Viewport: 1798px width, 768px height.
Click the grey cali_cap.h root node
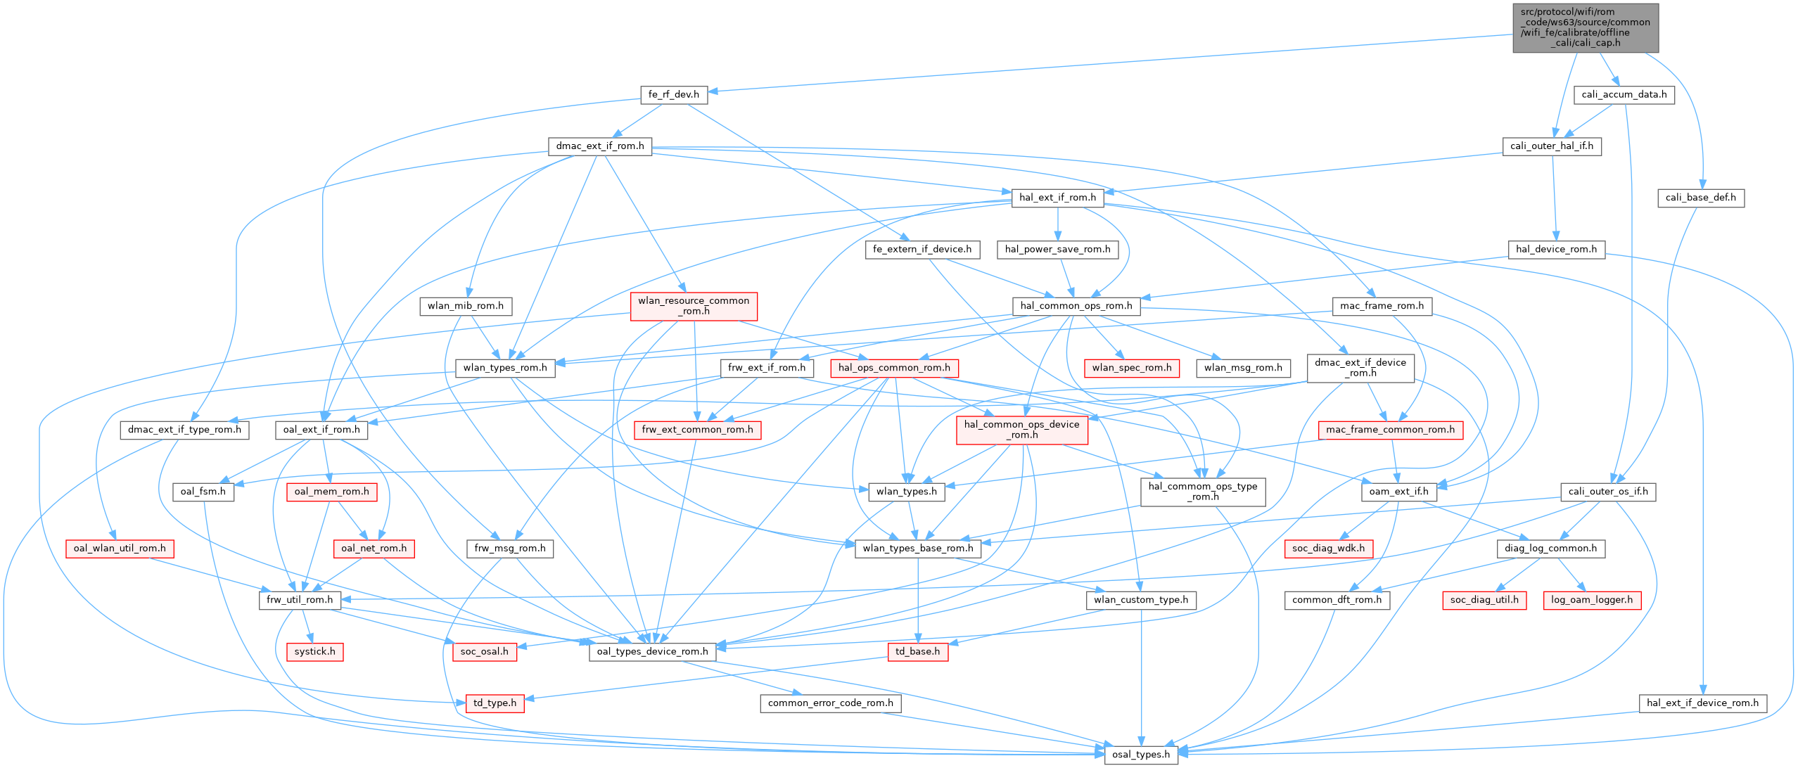tap(1585, 27)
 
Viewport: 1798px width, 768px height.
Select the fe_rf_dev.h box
tap(673, 94)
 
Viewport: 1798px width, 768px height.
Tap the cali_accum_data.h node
tap(1624, 94)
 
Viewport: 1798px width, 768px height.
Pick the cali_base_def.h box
tap(1700, 198)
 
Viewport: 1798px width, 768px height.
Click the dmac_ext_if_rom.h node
tap(599, 146)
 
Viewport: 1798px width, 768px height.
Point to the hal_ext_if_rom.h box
tap(1057, 198)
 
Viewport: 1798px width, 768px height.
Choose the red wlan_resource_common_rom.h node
tap(694, 306)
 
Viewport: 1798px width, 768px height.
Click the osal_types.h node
tap(1141, 755)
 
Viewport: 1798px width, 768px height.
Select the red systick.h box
tap(315, 651)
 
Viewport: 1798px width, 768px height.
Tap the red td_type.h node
tap(495, 703)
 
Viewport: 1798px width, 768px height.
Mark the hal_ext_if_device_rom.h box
tap(1702, 703)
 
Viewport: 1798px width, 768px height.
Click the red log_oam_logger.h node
tap(1591, 600)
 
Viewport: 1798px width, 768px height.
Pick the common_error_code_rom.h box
tap(830, 703)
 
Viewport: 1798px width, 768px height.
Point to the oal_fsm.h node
tap(203, 492)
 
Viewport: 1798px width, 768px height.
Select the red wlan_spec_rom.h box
tap(1132, 368)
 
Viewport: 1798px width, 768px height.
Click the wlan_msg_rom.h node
tap(1243, 368)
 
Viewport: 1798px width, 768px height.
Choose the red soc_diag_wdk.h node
tap(1328, 549)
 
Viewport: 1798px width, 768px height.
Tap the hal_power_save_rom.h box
tap(1057, 249)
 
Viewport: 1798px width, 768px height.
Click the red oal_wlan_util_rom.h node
tap(120, 549)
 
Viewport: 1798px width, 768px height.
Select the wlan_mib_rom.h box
tap(465, 306)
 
